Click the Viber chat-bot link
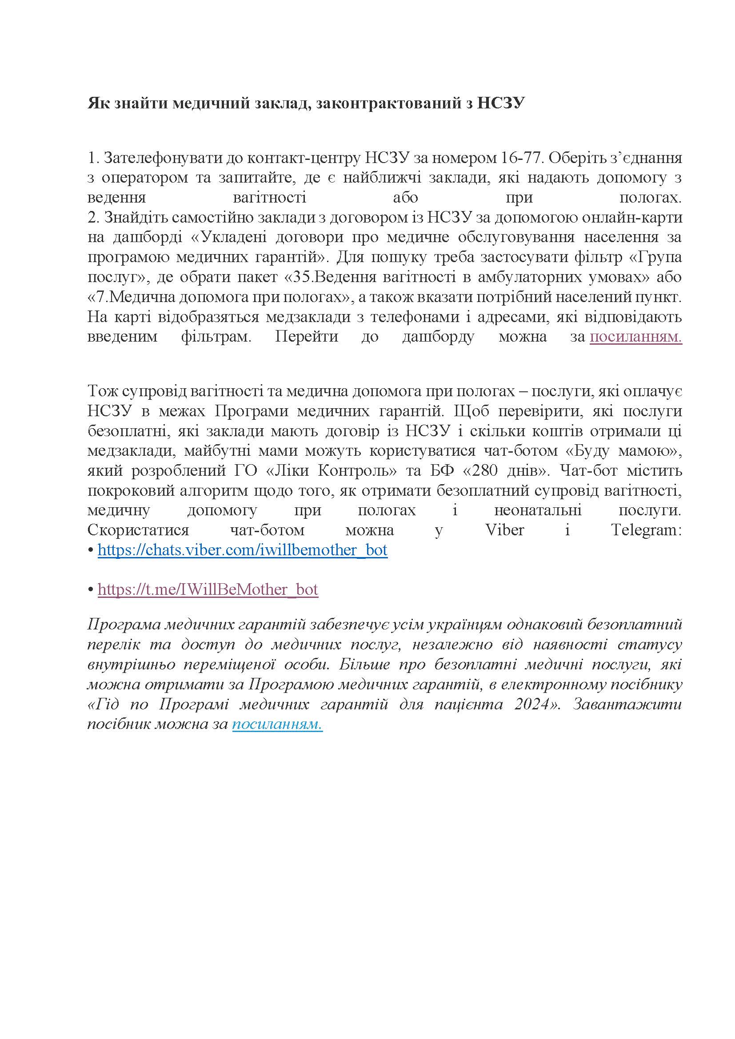(243, 550)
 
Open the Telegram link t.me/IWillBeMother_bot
(208, 589)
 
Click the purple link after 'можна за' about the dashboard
(636, 337)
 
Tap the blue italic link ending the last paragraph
(277, 724)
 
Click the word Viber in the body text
(505, 529)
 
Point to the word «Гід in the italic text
(104, 705)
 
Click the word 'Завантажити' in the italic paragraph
(627, 705)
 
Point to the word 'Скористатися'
(138, 529)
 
